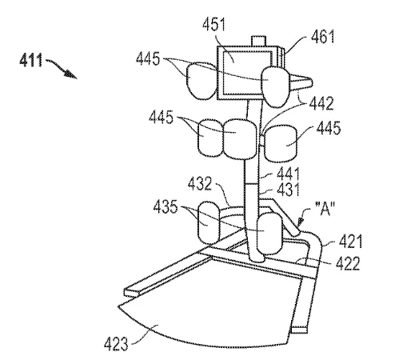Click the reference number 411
(x=30, y=60)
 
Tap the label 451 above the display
(x=213, y=25)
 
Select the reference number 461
(x=322, y=37)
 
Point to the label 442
(x=321, y=103)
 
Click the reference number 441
(x=288, y=174)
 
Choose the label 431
(x=288, y=190)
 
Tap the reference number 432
(x=200, y=184)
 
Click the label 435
(x=166, y=207)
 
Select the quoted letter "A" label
(x=325, y=209)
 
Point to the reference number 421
(x=350, y=242)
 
